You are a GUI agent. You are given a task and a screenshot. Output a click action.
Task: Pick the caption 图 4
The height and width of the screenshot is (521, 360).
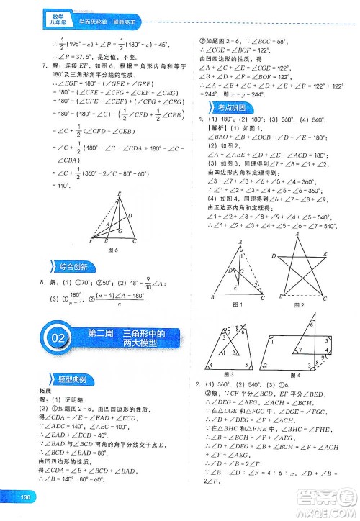pos(294,376)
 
